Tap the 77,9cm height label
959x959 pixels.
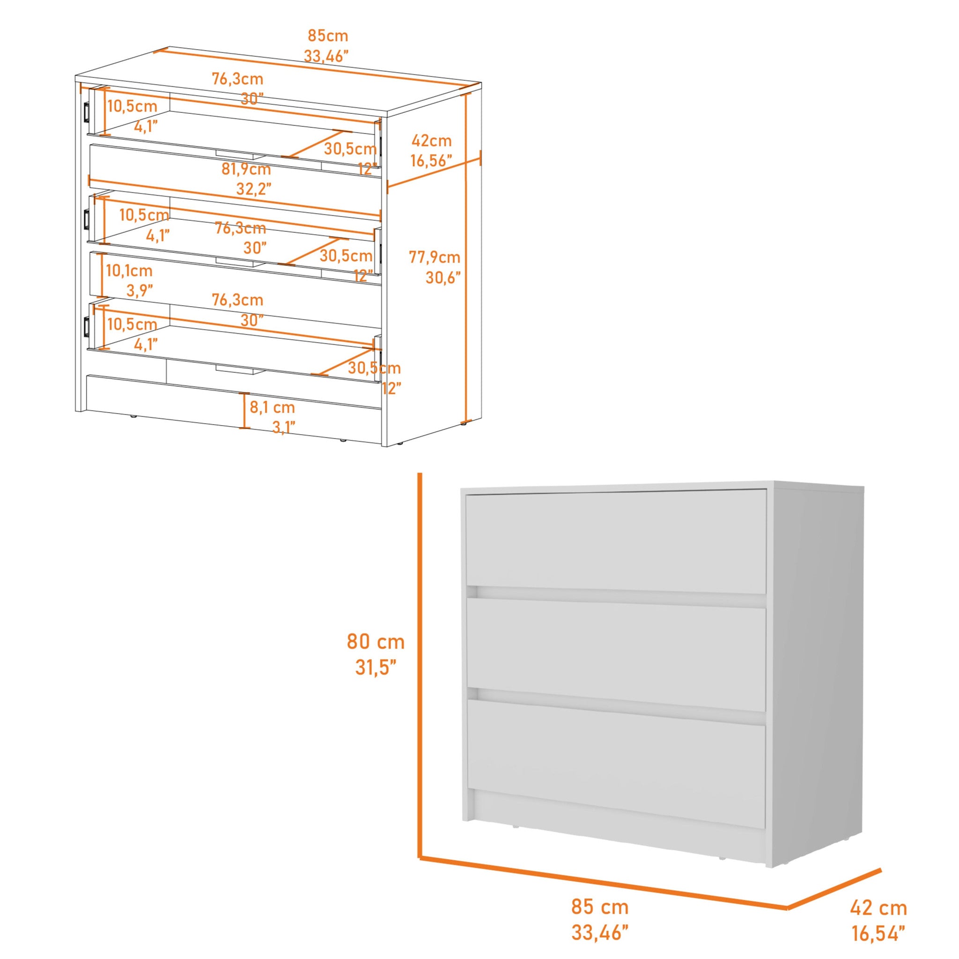click(435, 257)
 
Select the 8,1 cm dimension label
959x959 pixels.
click(272, 407)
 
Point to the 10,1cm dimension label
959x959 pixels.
click(129, 271)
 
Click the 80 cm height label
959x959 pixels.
click(376, 642)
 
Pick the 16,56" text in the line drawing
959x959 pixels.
click(431, 161)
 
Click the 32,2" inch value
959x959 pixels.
click(254, 189)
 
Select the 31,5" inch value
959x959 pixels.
click(376, 668)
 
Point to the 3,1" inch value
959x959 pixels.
click(284, 428)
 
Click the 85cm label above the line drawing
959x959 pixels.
click(328, 36)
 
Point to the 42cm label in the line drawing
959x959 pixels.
click(431, 141)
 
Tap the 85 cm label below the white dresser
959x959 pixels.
click(600, 907)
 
